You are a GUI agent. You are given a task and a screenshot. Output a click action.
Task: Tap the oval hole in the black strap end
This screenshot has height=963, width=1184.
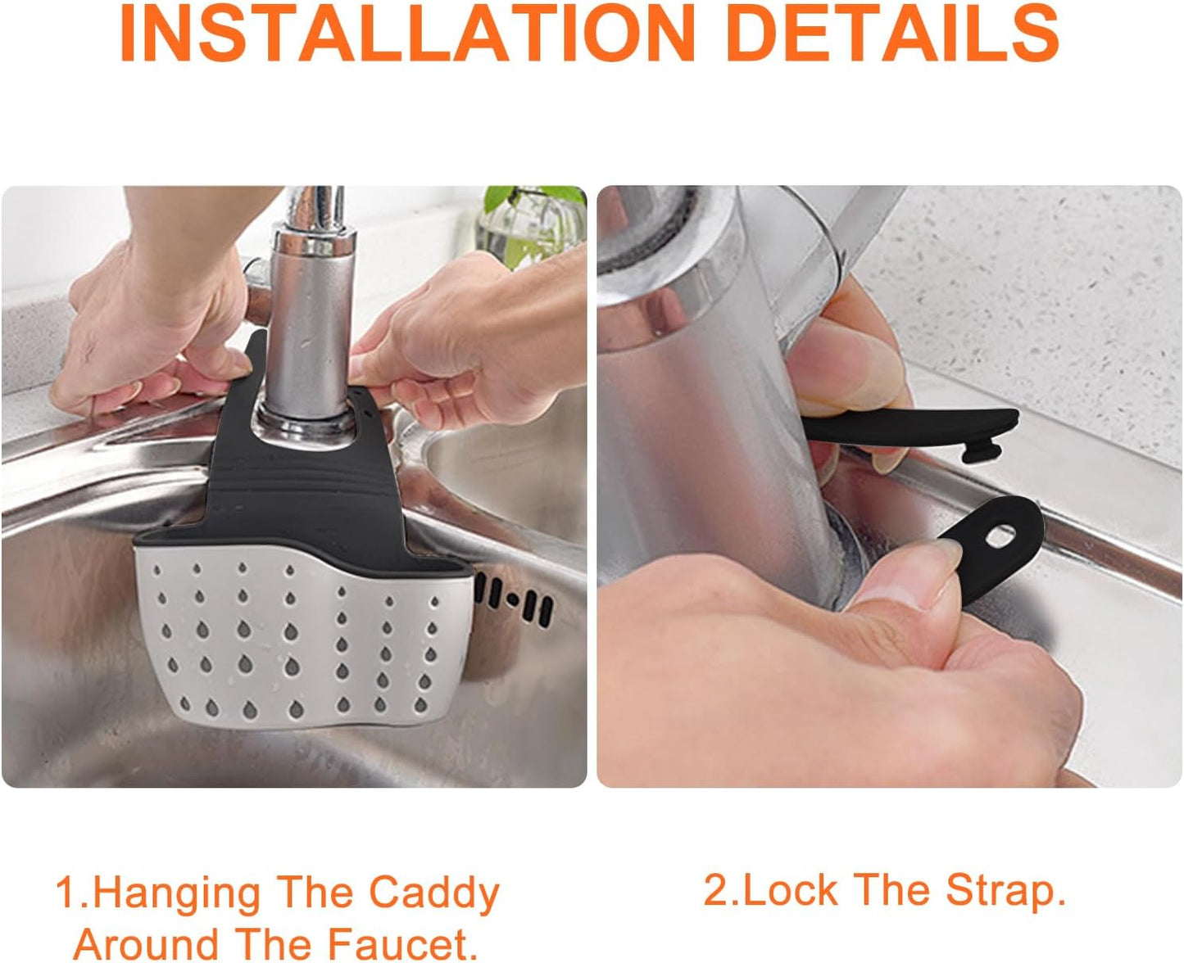tap(999, 537)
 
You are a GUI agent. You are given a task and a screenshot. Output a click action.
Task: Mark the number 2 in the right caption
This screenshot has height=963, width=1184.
tap(715, 890)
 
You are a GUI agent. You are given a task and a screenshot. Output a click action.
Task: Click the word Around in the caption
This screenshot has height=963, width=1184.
tap(144, 943)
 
